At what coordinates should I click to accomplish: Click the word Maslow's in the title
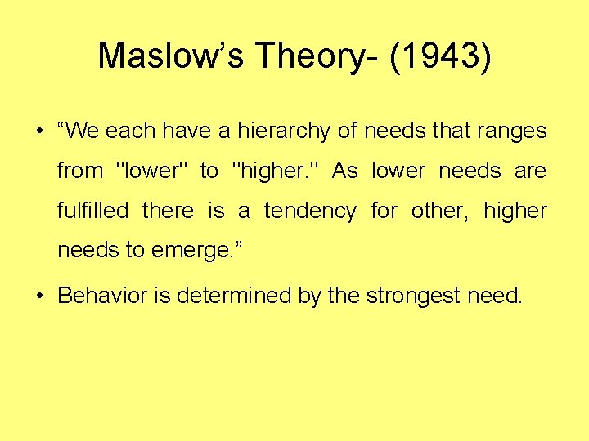coord(171,56)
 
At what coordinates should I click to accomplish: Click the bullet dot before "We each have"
coord(39,131)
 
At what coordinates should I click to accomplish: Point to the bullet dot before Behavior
coord(39,296)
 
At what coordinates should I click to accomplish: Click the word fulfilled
coord(92,211)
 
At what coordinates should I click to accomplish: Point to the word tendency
coord(310,211)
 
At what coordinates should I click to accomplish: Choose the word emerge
coord(184,250)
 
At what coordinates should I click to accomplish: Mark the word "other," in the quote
coord(441,211)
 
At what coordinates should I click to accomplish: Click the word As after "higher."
coord(345,171)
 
